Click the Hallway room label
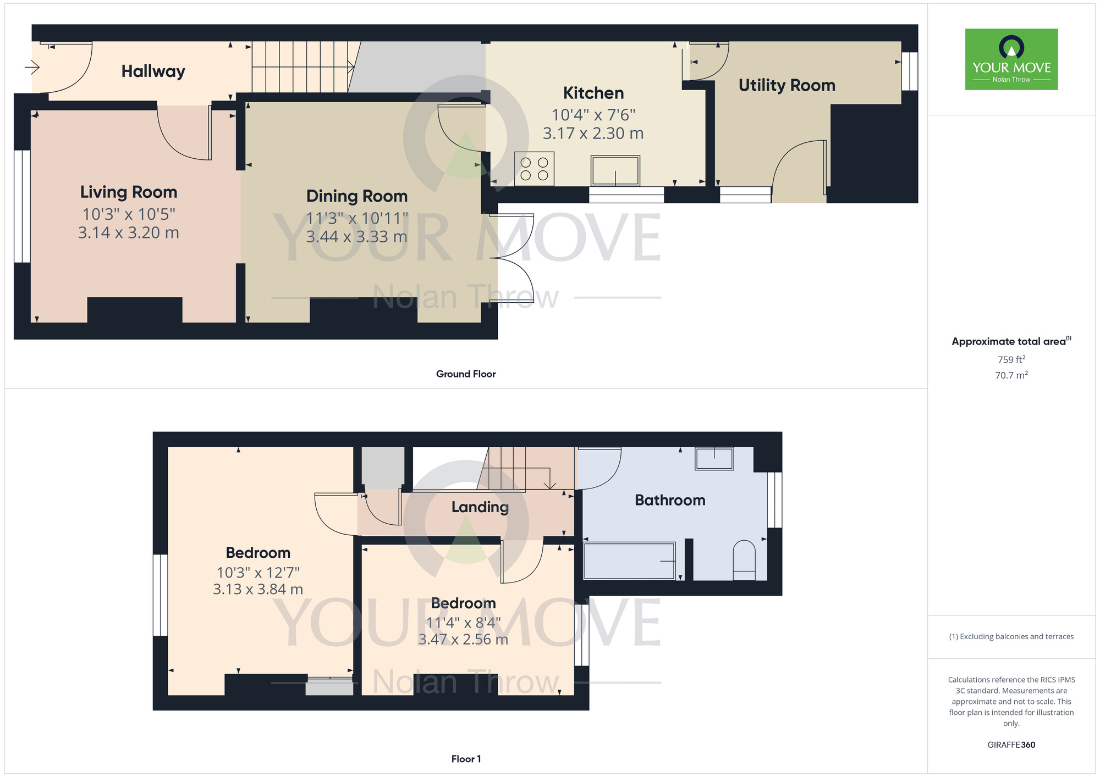point(153,71)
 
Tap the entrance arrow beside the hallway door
point(32,68)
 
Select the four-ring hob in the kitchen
point(534,169)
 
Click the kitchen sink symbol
point(615,171)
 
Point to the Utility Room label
point(787,85)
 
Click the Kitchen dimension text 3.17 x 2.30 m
point(593,134)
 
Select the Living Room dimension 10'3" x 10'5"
point(129,214)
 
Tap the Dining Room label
point(356,196)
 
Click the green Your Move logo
point(1011,59)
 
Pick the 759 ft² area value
point(1011,359)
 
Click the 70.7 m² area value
point(1011,375)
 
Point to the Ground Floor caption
point(465,374)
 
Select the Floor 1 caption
point(465,759)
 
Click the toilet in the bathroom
point(744,560)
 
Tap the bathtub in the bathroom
point(629,561)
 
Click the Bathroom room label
point(669,500)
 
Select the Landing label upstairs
point(480,507)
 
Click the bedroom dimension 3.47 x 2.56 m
point(463,640)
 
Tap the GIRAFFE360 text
point(1011,745)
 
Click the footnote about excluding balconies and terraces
point(1011,636)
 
